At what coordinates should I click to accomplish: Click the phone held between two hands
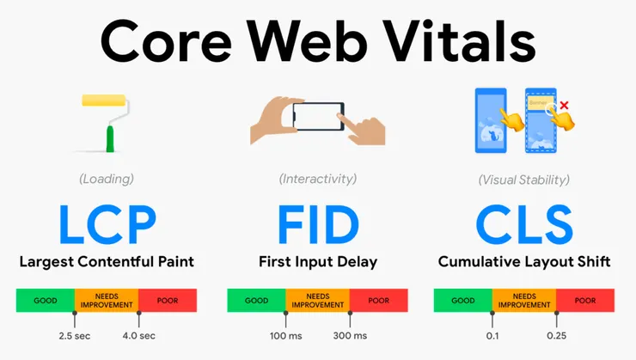pyautogui.click(x=318, y=119)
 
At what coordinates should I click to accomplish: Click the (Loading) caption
pyautogui.click(x=107, y=179)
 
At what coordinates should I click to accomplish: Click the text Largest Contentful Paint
pyautogui.click(x=107, y=259)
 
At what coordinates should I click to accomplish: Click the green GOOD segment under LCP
pyautogui.click(x=46, y=301)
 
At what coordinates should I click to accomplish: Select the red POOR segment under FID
pyautogui.click(x=378, y=301)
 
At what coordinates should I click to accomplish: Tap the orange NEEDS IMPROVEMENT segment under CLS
pyautogui.click(x=524, y=301)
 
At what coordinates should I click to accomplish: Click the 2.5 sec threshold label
pyautogui.click(x=75, y=335)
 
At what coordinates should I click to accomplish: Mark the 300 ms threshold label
pyautogui.click(x=349, y=335)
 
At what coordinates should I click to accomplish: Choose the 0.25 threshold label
pyautogui.click(x=557, y=335)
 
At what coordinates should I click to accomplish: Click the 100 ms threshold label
pyautogui.click(x=285, y=335)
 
